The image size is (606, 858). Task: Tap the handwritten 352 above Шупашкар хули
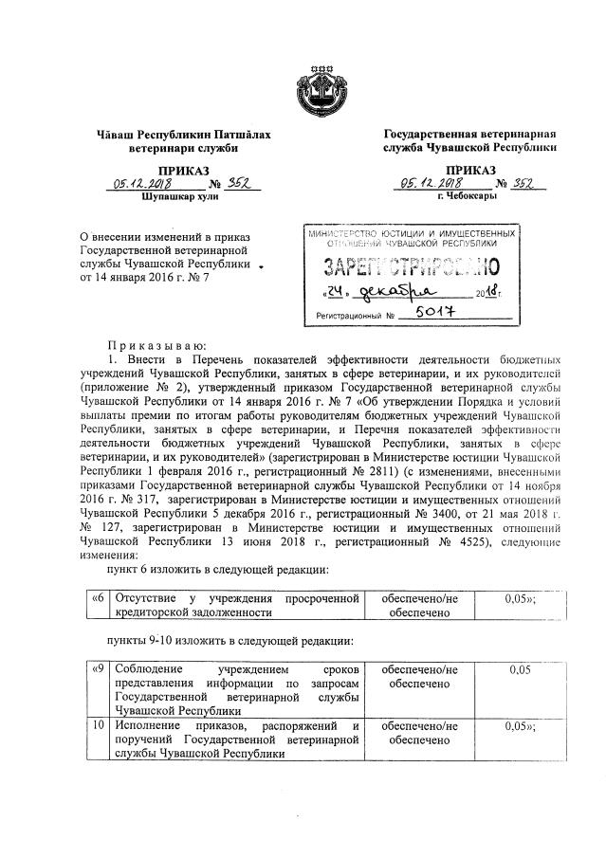pos(220,185)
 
